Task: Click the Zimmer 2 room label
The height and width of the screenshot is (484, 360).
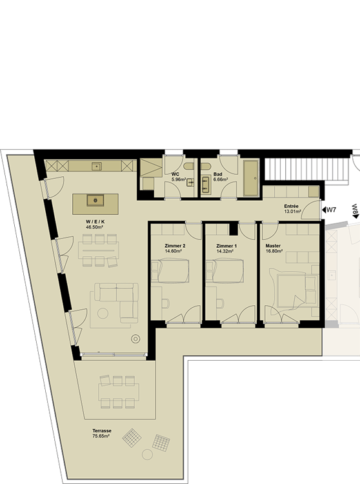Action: click(x=175, y=246)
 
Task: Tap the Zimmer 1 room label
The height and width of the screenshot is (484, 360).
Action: click(x=226, y=246)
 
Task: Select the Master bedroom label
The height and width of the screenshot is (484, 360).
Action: click(x=273, y=246)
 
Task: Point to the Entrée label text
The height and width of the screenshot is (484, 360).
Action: click(x=291, y=207)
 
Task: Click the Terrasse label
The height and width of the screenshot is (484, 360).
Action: click(x=102, y=430)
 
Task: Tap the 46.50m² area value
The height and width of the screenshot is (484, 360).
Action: click(x=95, y=227)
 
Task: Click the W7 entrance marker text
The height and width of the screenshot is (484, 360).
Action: click(x=331, y=210)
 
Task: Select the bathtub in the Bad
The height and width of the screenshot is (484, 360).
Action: click(x=251, y=178)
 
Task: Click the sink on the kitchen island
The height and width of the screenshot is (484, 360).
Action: click(x=95, y=201)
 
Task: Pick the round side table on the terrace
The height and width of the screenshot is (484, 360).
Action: click(x=148, y=454)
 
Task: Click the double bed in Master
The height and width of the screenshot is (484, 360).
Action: click(x=294, y=290)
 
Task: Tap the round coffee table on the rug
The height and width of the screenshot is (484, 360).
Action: click(x=103, y=314)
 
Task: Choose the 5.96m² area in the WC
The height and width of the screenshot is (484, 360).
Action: click(x=179, y=179)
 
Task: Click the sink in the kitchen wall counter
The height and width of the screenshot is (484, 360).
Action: click(x=96, y=166)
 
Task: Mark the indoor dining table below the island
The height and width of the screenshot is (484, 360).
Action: click(x=99, y=250)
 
